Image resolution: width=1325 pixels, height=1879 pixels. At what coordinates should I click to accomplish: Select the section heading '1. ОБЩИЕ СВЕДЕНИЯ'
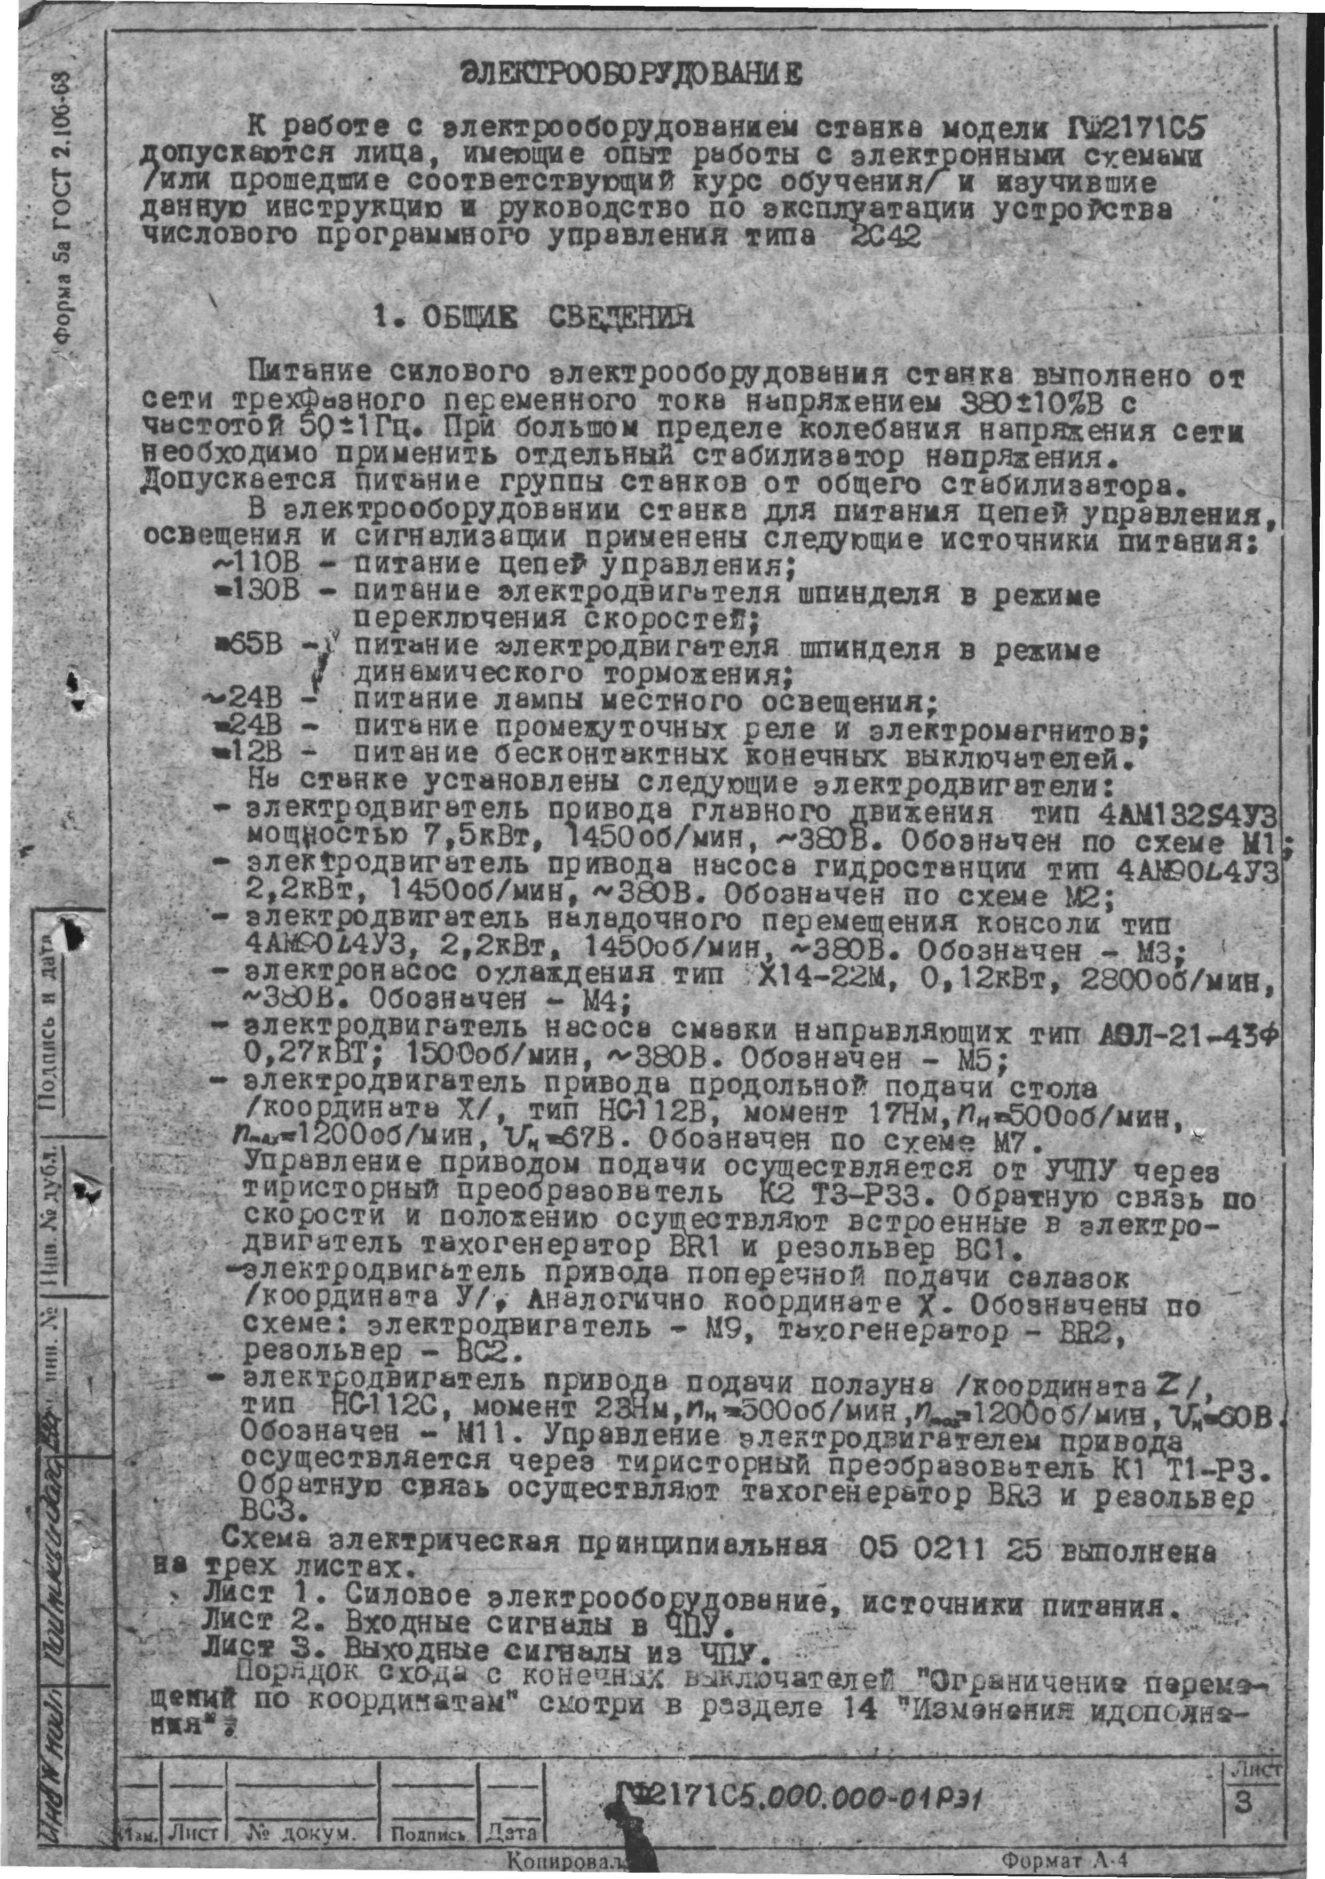532,316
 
